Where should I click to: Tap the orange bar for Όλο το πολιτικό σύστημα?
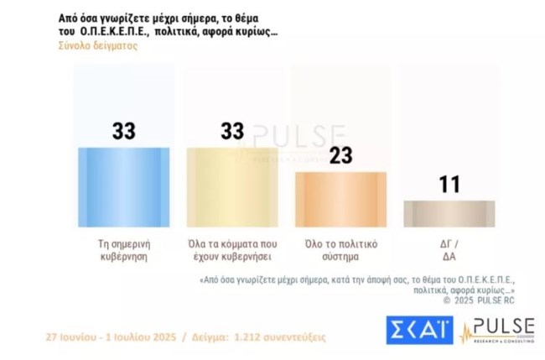pyautogui.click(x=341, y=199)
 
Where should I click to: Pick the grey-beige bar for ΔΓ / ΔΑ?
pyautogui.click(x=449, y=213)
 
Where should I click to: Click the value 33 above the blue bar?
pyautogui.click(x=123, y=131)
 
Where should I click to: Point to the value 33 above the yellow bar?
pyautogui.click(x=231, y=131)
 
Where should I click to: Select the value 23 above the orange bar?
pyautogui.click(x=341, y=156)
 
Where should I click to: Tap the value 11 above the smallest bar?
pyautogui.click(x=449, y=185)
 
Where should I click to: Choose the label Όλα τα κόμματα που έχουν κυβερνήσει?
pyautogui.click(x=231, y=250)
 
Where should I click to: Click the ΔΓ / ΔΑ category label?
pyautogui.click(x=449, y=250)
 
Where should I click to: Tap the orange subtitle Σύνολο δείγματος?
pyautogui.click(x=97, y=46)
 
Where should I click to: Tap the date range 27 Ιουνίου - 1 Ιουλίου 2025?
pyautogui.click(x=118, y=337)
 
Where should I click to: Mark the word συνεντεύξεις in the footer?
pyautogui.click(x=298, y=337)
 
